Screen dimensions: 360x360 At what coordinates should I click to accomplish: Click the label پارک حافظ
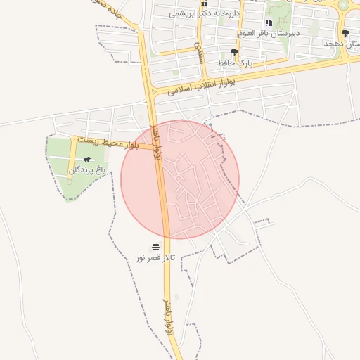click(234, 63)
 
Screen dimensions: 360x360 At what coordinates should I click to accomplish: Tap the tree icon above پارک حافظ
click(234, 52)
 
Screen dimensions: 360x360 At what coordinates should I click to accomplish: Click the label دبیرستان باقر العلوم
click(269, 33)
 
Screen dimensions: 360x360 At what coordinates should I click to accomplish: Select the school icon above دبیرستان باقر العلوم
click(269, 22)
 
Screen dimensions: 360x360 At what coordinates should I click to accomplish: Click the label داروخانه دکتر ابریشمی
click(205, 13)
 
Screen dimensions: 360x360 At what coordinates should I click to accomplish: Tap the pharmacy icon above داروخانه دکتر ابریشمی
click(205, 4)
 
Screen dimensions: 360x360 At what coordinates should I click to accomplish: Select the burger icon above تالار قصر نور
click(155, 247)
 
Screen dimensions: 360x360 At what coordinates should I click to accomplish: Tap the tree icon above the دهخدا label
click(345, 33)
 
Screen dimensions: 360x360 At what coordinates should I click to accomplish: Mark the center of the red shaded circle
click(180, 179)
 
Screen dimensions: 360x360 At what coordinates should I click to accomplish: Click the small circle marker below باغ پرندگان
click(69, 181)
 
